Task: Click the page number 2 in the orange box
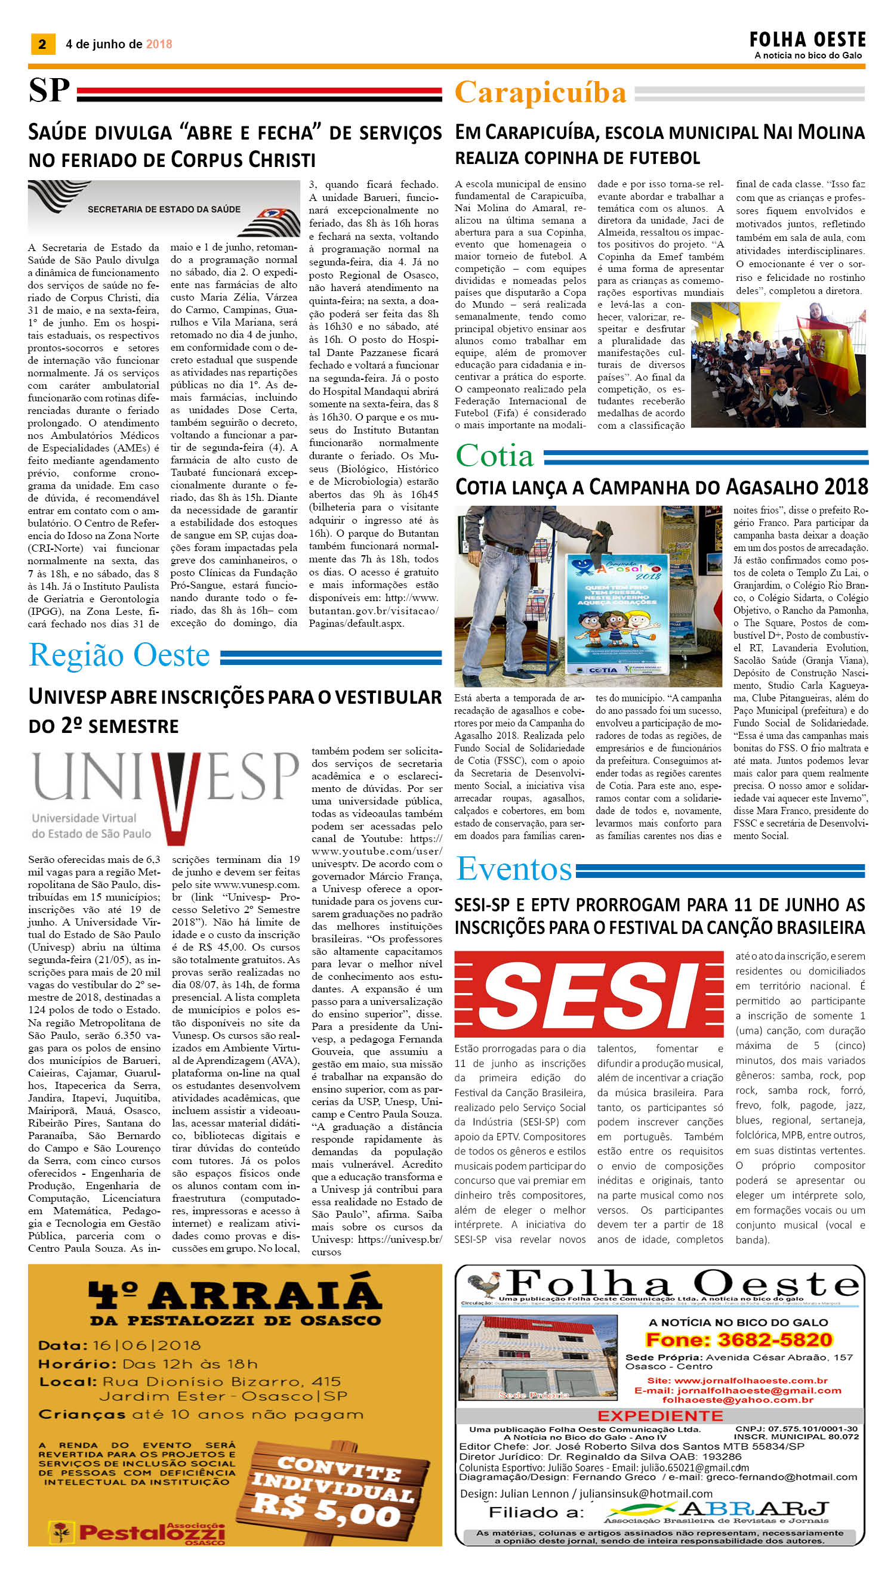coord(42,44)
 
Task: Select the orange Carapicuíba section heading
coord(540,93)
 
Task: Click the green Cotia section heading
coord(495,456)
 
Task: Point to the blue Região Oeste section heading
coord(120,655)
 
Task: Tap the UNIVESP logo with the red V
coord(165,794)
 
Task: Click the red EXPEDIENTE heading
coord(660,1415)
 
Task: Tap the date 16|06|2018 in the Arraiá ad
coord(147,1345)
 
